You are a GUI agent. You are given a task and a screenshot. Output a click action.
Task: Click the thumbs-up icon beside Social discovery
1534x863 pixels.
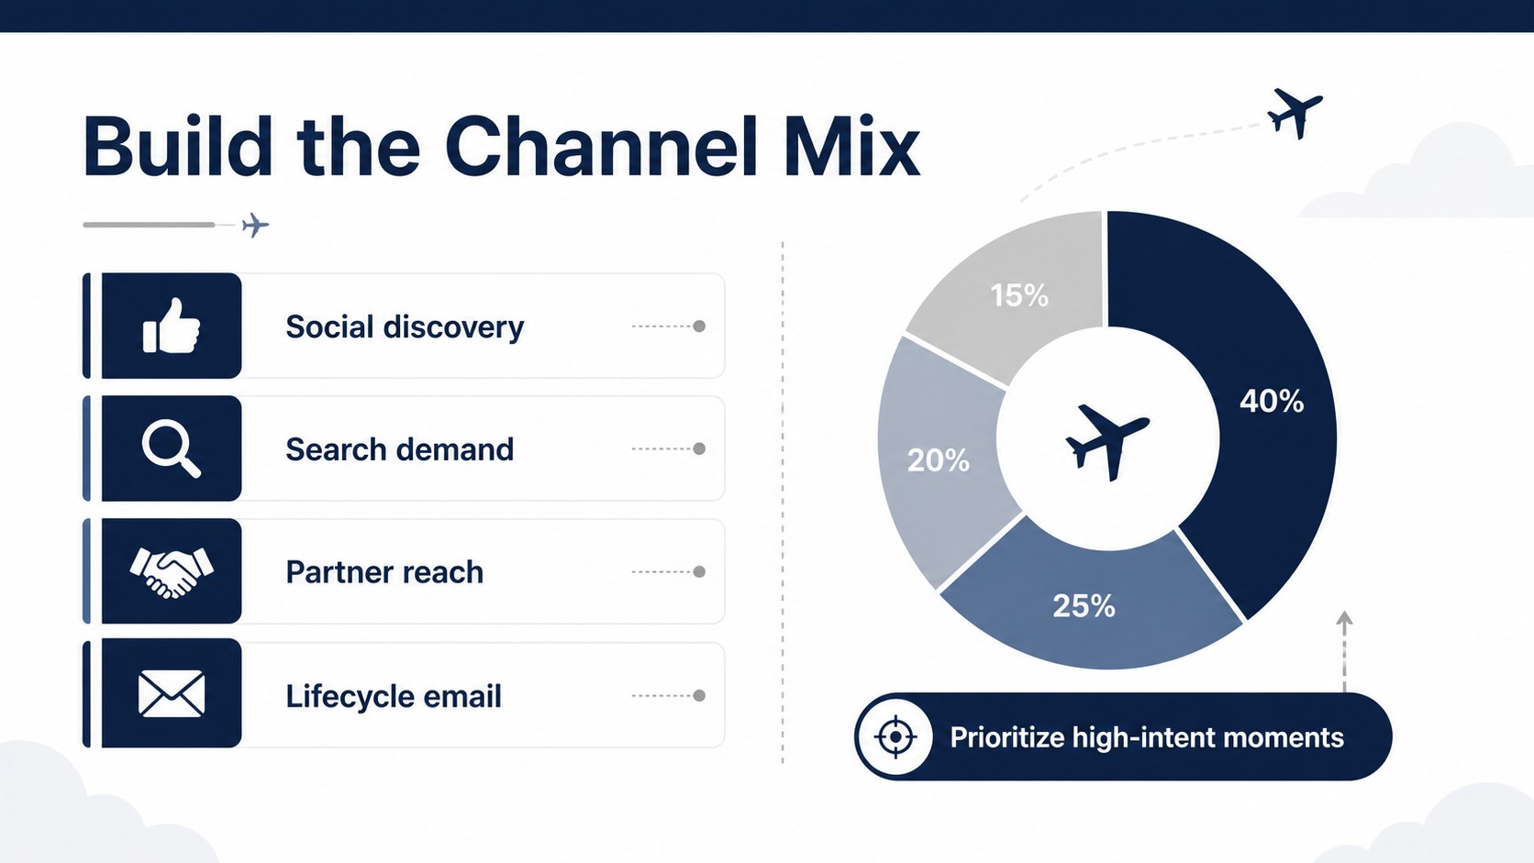tap(172, 326)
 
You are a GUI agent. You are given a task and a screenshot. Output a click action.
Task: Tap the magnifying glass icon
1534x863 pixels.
tap(172, 449)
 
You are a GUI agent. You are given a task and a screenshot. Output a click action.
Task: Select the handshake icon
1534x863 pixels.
tap(172, 572)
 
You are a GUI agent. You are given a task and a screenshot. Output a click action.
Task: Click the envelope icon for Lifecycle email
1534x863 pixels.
tap(172, 694)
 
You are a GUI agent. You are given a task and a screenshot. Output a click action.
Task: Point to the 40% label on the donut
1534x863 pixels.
tap(1272, 401)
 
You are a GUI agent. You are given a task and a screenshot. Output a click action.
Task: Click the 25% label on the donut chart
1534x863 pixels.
tap(1084, 605)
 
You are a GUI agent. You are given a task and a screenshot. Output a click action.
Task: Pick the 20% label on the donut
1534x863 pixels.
tap(939, 460)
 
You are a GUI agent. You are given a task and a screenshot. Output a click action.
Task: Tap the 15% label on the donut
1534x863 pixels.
tap(1019, 295)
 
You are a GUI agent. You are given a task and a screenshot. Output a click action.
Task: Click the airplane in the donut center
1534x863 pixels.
tap(1107, 441)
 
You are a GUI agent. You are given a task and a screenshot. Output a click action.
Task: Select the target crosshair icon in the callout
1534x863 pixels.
tap(895, 737)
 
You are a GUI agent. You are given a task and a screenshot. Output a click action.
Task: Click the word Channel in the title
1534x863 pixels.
tap(601, 148)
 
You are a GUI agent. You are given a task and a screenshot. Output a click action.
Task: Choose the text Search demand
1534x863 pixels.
tap(399, 449)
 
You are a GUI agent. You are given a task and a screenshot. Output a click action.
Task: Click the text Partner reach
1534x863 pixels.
tap(384, 572)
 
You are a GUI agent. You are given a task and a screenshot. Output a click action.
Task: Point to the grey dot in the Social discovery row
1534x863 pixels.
tap(699, 326)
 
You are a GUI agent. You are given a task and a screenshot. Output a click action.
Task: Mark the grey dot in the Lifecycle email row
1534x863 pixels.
tap(699, 695)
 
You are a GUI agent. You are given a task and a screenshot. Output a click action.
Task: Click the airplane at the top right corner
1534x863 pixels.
tap(1295, 114)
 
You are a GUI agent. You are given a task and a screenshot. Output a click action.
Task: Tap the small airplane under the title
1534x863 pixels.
tap(255, 226)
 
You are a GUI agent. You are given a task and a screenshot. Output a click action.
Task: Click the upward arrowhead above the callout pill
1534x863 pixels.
tap(1344, 618)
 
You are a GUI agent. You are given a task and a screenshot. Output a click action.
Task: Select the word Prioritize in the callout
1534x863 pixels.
tap(1006, 737)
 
